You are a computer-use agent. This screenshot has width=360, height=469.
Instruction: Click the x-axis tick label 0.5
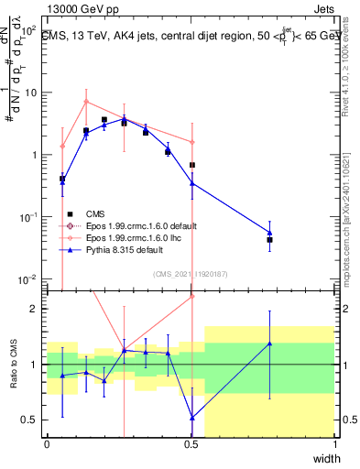(191, 443)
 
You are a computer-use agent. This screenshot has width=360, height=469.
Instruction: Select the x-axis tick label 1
(335, 443)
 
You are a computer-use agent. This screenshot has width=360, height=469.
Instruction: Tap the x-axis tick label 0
(48, 443)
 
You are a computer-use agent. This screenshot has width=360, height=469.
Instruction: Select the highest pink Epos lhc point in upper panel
(86, 102)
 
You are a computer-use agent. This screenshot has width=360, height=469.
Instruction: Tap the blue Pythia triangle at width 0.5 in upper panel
(191, 183)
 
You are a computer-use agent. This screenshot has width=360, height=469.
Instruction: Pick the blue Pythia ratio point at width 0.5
(191, 418)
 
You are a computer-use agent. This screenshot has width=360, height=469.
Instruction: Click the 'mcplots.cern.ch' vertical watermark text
(351, 220)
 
